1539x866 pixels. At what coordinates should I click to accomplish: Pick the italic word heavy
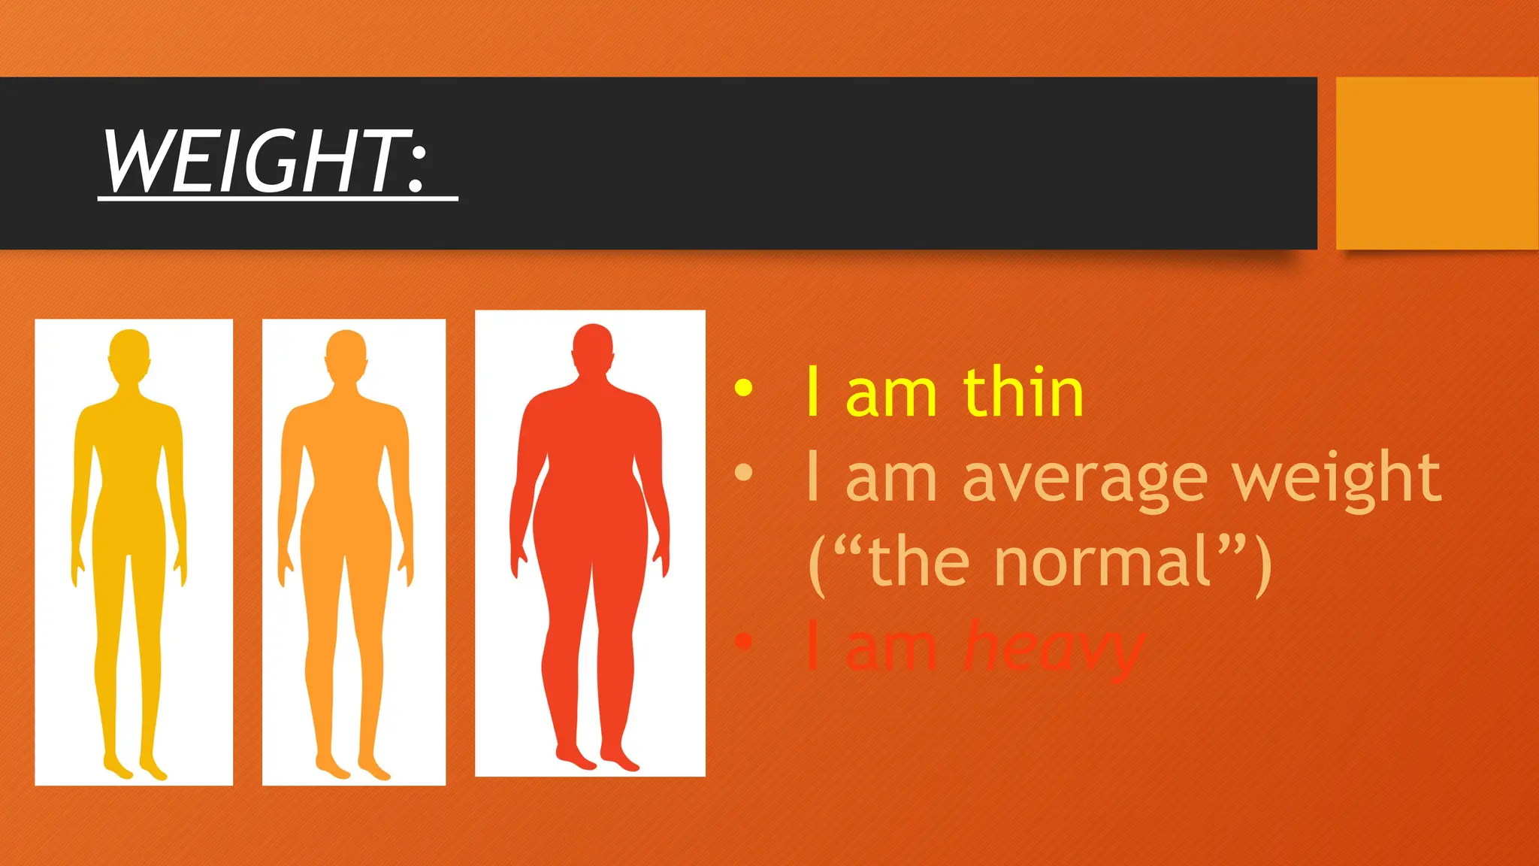click(x=1052, y=648)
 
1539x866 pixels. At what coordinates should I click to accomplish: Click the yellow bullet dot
click(x=743, y=387)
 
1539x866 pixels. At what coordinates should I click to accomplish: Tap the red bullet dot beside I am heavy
click(x=743, y=641)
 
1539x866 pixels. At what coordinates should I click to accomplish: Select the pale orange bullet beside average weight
click(x=743, y=472)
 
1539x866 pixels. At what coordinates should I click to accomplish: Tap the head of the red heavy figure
click(x=593, y=349)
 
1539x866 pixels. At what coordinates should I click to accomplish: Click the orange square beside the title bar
click(x=1437, y=162)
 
